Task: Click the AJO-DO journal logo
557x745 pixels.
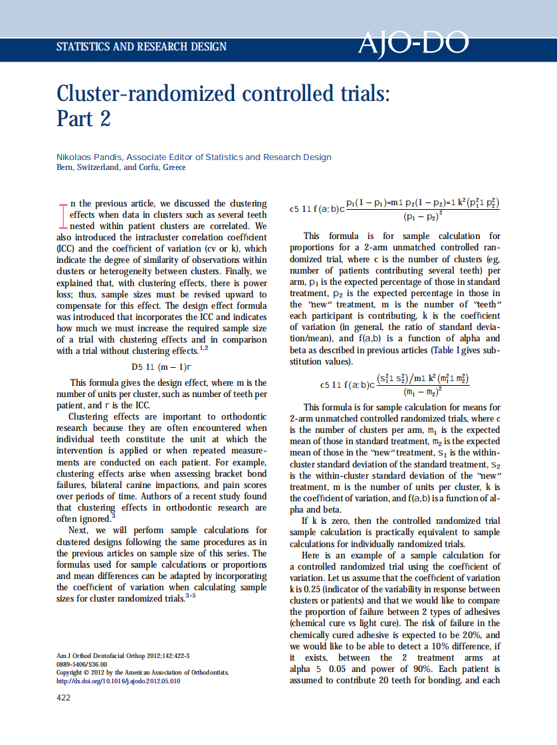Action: pyautogui.click(x=413, y=44)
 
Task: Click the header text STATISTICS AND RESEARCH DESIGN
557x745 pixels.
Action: pyautogui.click(x=142, y=47)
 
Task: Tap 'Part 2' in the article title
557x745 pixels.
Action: pyautogui.click(x=83, y=118)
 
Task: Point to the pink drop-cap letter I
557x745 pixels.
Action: pyautogui.click(x=62, y=215)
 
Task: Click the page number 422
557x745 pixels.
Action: pyautogui.click(x=63, y=697)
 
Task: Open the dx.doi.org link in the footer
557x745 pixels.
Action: pyautogui.click(x=118, y=681)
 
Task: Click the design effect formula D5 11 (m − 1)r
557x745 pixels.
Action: pyautogui.click(x=162, y=366)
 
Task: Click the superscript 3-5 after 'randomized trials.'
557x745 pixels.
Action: pyautogui.click(x=191, y=596)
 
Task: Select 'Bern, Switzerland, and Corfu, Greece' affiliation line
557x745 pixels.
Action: pyautogui.click(x=121, y=167)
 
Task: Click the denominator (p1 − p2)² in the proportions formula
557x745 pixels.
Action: pyautogui.click(x=423, y=216)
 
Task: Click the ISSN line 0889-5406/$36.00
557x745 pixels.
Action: pyautogui.click(x=82, y=664)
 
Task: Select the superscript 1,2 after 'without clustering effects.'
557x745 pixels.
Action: pyautogui.click(x=204, y=348)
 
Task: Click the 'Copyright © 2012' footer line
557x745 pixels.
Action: pyautogui.click(x=142, y=672)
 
